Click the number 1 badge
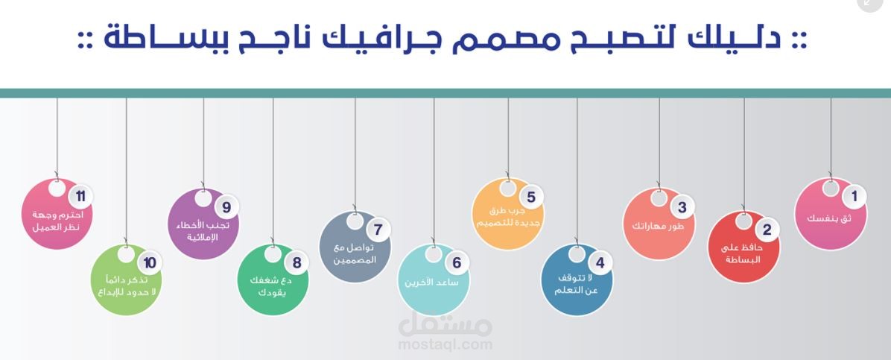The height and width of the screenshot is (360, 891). click(x=854, y=197)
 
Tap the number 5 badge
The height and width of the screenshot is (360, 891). click(x=530, y=198)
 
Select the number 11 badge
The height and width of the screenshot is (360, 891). click(x=80, y=197)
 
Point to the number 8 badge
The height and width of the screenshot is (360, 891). click(x=297, y=262)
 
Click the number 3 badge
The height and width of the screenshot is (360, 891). click(x=681, y=207)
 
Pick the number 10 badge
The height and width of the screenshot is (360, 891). click(x=150, y=262)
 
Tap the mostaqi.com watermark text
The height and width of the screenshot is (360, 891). click(x=445, y=344)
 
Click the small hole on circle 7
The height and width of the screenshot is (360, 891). click(x=355, y=221)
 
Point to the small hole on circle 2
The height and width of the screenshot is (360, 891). click(x=743, y=221)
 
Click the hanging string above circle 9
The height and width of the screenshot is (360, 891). click(x=203, y=142)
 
